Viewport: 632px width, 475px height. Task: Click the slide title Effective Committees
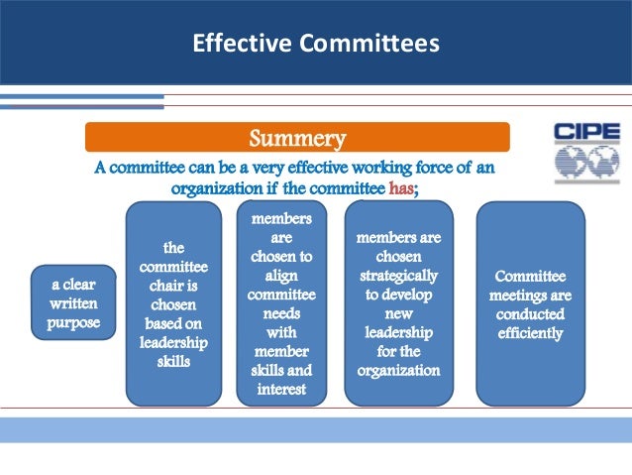click(315, 44)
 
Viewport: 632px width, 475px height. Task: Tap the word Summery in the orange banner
click(296, 136)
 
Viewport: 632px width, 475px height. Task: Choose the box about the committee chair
click(173, 303)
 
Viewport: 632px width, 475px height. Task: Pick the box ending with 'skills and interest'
click(284, 304)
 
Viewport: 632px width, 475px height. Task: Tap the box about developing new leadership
click(397, 302)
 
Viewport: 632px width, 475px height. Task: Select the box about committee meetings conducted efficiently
click(530, 303)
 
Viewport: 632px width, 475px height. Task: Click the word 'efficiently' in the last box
click(530, 333)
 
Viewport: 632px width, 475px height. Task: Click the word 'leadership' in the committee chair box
click(173, 342)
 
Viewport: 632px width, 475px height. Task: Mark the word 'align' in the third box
click(284, 274)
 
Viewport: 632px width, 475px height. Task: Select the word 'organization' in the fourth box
click(397, 371)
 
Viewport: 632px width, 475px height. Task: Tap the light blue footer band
click(315, 428)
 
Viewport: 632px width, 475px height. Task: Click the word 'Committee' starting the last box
click(530, 277)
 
